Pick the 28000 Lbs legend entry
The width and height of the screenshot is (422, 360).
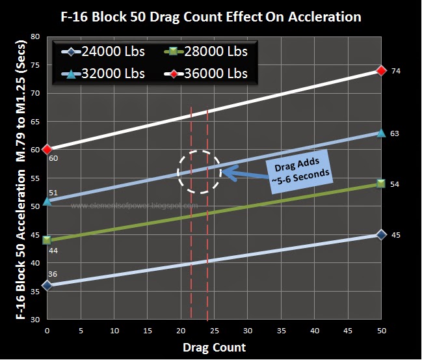point(202,51)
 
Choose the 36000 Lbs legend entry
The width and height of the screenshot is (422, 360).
point(202,73)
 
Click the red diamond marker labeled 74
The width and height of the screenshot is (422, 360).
point(382,70)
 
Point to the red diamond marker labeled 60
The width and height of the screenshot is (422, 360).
point(47,149)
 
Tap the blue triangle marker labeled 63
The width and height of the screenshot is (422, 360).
point(382,133)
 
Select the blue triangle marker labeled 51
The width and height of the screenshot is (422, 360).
point(47,201)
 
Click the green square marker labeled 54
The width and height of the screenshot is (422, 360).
point(382,184)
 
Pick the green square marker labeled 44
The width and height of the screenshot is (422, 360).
point(47,240)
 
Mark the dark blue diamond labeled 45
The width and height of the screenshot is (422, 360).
point(382,234)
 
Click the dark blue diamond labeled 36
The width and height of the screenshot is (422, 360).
point(47,285)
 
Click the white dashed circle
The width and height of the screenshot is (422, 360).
point(199,172)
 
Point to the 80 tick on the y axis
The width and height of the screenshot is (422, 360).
point(34,37)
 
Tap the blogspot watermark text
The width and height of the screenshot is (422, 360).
point(134,206)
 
